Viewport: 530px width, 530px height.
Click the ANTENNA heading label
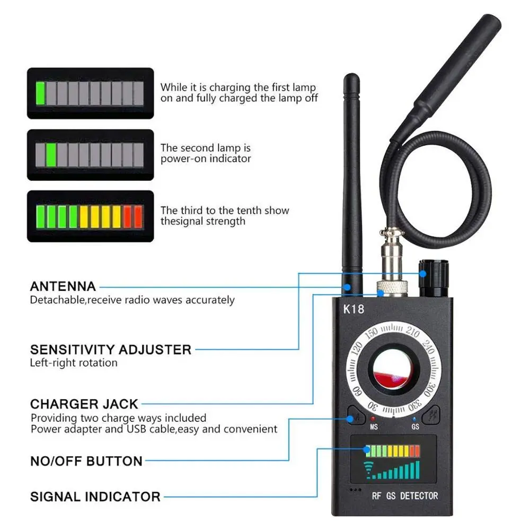(63, 287)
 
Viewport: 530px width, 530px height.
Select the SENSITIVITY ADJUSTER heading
(111, 350)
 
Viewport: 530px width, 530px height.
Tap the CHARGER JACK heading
(84, 404)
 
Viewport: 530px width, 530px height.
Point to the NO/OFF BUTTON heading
(86, 461)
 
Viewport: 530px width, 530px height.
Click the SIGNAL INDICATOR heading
(95, 497)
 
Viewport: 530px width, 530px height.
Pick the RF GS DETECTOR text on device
(405, 496)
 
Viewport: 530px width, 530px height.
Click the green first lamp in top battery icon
(40, 93)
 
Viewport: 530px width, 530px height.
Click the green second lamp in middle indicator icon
(51, 155)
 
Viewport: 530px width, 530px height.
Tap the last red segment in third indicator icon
(138, 216)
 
